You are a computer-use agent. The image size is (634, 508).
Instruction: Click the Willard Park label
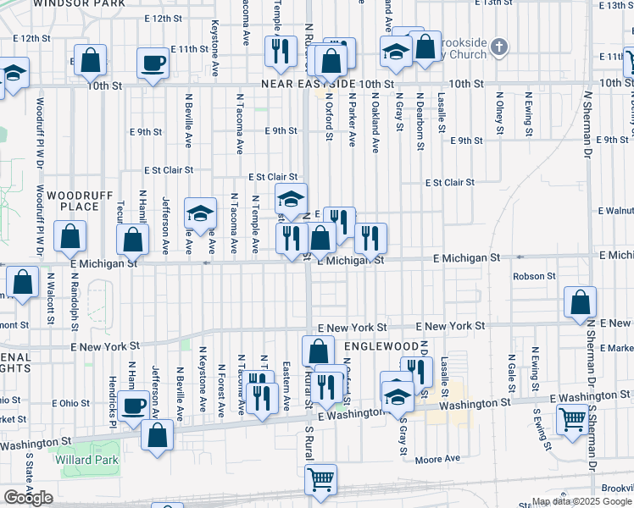point(86,460)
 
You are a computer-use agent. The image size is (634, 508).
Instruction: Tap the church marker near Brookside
point(500,47)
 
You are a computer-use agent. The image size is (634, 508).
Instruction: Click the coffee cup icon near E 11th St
point(153,63)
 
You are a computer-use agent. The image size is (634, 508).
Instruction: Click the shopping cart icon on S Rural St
point(321,479)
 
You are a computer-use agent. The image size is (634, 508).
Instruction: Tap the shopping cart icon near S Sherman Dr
point(573,418)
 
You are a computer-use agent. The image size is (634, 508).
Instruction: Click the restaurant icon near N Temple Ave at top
point(277,52)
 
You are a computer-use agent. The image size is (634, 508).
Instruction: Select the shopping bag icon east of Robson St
point(580,302)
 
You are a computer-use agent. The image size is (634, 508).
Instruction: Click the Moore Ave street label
point(437,459)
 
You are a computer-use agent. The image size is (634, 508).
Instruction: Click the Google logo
point(28,498)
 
